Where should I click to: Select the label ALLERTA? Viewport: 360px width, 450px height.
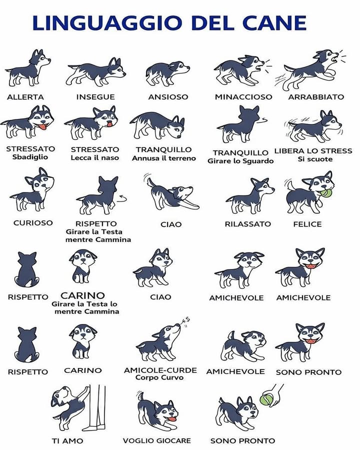(x=25, y=97)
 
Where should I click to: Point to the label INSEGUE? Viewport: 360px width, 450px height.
(x=95, y=97)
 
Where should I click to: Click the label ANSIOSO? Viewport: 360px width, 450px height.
(x=168, y=97)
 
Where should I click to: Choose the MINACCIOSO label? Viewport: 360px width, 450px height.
(x=243, y=97)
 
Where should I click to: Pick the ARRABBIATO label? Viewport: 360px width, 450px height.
(x=316, y=97)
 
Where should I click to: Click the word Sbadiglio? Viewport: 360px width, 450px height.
(x=30, y=157)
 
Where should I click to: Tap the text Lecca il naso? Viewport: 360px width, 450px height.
(x=95, y=158)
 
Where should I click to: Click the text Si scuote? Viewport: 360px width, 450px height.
(x=312, y=159)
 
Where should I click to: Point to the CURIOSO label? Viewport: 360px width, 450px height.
(x=33, y=223)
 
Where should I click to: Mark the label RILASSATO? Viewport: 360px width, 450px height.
(x=247, y=224)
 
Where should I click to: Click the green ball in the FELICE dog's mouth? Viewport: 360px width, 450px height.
(x=326, y=192)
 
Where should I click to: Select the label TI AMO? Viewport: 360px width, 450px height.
(x=67, y=441)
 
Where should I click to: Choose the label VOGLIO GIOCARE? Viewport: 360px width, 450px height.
(x=157, y=441)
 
